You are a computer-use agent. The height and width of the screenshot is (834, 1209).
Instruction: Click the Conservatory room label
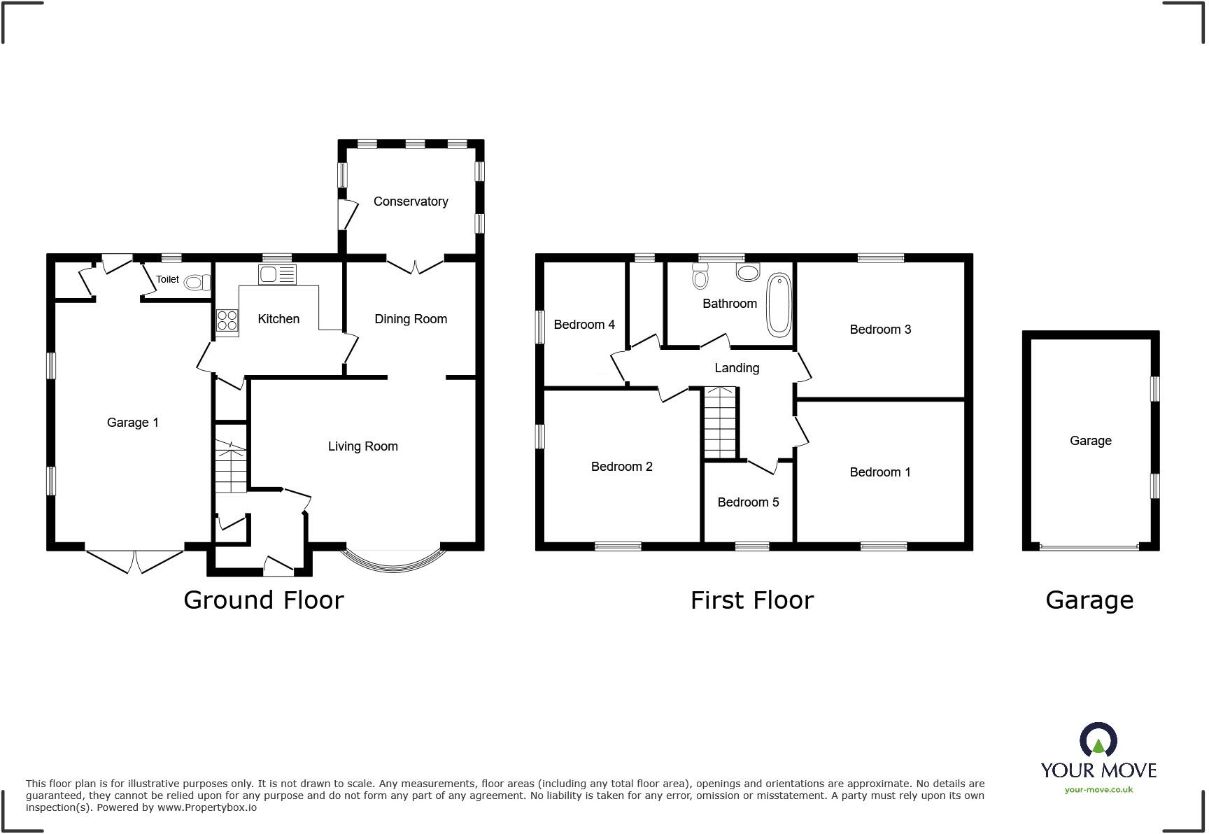click(x=411, y=202)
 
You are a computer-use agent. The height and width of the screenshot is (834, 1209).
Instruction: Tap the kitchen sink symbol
click(x=277, y=274)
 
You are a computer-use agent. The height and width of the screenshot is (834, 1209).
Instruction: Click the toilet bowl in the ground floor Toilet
click(x=198, y=282)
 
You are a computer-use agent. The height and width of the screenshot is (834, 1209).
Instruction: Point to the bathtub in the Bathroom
click(x=779, y=305)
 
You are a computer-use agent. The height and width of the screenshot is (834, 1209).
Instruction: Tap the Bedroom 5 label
click(x=748, y=502)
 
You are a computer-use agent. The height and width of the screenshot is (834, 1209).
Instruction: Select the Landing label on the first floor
click(x=737, y=368)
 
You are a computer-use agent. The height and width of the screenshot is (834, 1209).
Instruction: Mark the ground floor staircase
click(x=231, y=467)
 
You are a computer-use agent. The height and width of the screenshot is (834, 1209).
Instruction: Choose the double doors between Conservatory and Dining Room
click(x=415, y=266)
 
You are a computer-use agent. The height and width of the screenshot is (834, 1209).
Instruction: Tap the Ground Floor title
click(x=264, y=600)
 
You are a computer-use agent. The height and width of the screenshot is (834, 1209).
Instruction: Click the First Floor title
click(x=752, y=600)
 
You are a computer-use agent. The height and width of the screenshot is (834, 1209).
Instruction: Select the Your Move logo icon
click(x=1098, y=740)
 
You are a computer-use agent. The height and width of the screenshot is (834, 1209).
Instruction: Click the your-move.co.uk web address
click(x=1098, y=790)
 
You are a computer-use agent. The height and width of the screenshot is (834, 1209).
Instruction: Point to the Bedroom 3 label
click(x=880, y=330)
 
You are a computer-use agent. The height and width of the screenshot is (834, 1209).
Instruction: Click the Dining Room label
click(x=411, y=319)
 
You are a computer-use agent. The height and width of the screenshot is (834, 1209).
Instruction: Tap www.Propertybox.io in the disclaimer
click(x=206, y=807)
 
